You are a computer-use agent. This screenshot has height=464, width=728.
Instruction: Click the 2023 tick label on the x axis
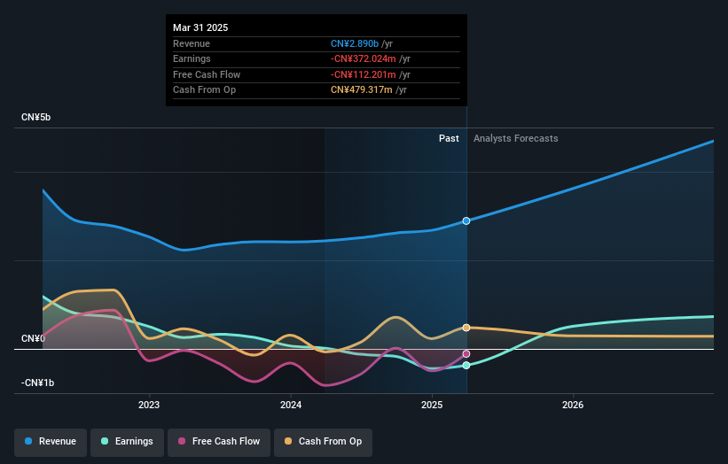(149, 406)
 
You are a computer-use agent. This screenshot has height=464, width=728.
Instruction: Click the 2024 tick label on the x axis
(290, 406)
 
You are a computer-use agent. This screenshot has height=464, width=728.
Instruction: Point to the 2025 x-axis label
(432, 406)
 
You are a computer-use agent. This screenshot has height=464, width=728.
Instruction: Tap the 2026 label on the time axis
(573, 406)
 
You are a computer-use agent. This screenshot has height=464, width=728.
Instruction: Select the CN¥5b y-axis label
(36, 118)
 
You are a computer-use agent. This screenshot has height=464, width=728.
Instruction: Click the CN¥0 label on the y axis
(34, 338)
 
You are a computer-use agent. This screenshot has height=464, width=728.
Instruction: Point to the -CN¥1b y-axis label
(38, 383)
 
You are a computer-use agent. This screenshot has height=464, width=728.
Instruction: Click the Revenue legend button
(51, 441)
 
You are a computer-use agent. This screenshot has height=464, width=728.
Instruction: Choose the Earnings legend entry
(126, 441)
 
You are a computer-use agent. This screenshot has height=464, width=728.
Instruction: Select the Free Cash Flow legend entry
(219, 441)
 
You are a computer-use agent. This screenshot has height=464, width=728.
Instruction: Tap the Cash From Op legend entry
(323, 441)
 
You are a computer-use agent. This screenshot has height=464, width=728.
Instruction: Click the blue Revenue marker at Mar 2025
(466, 220)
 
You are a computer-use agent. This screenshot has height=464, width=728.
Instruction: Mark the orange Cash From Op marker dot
(466, 328)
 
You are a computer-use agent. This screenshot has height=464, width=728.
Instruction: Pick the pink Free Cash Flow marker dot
(466, 354)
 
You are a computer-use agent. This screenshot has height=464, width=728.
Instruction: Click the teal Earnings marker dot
(466, 365)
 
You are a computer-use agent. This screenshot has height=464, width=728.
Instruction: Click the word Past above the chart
(449, 138)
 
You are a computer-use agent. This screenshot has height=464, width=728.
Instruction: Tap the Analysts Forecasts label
(516, 138)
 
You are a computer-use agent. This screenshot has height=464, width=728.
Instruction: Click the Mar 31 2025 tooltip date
(200, 27)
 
